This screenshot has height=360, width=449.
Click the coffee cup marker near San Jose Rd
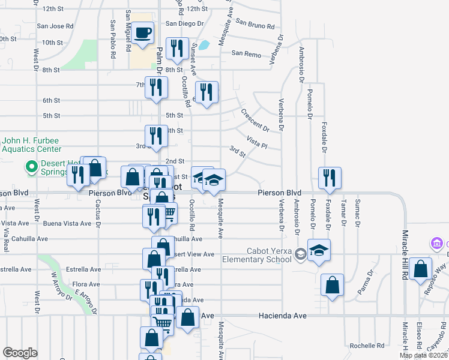pos(143,33)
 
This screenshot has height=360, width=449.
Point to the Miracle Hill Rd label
pos(405,247)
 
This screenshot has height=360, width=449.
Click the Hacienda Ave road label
pos(283,315)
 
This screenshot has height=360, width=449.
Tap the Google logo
pos(20,353)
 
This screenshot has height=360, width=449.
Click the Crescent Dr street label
pos(255,119)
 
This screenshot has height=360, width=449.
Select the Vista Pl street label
pos(256,142)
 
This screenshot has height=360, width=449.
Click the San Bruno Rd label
pos(255,24)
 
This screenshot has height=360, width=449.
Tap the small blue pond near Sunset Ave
pos(204,44)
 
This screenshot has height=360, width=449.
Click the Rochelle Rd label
pos(367,346)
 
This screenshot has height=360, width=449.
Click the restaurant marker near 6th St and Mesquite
pos(206,92)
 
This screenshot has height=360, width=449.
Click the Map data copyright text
pos(423,355)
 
